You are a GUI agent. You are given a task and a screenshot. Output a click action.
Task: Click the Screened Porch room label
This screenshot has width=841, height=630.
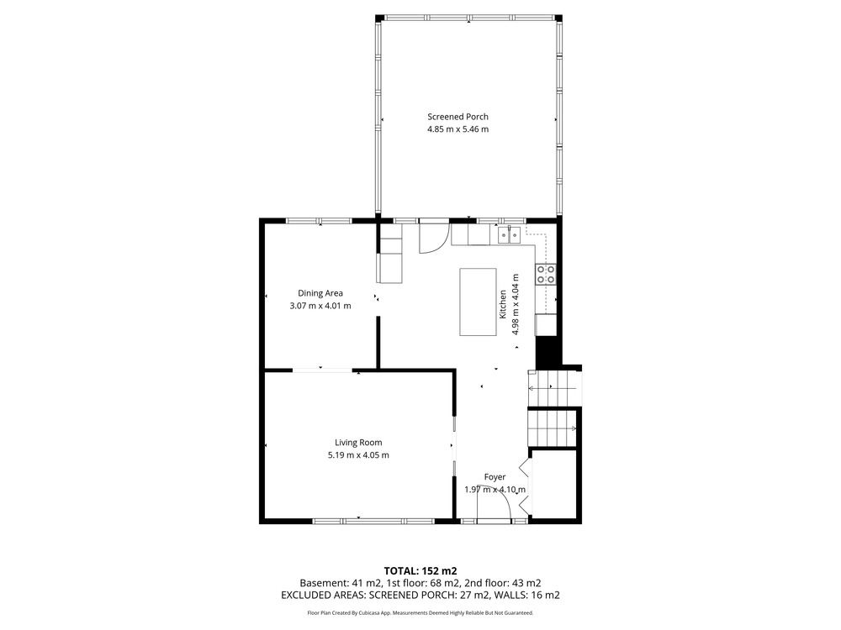pyautogui.click(x=458, y=117)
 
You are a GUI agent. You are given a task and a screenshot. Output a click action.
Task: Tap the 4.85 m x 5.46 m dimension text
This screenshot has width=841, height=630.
pyautogui.click(x=458, y=129)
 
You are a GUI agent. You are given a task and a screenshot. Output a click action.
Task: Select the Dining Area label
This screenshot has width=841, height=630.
pyautogui.click(x=320, y=293)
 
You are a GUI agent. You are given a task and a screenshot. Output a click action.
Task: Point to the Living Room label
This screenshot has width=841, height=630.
pyautogui.click(x=358, y=443)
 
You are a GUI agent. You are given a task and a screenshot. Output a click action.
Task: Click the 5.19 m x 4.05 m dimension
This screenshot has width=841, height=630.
pyautogui.click(x=358, y=455)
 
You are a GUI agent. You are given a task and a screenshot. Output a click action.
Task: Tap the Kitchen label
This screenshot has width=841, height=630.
pyautogui.click(x=503, y=304)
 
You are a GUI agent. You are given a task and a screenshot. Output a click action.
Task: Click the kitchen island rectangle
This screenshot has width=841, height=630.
pyautogui.click(x=478, y=302)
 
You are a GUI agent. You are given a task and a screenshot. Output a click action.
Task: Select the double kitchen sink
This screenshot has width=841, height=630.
pyautogui.click(x=509, y=234)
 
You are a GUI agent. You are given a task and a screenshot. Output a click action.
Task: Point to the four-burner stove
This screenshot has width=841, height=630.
pyautogui.click(x=546, y=274)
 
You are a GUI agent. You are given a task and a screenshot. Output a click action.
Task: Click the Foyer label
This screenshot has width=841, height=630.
pyautogui.click(x=495, y=477)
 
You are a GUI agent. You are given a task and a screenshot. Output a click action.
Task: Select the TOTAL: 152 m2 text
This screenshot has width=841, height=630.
pyautogui.click(x=420, y=571)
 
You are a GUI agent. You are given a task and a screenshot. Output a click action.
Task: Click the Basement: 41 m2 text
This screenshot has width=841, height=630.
pyautogui.click(x=341, y=583)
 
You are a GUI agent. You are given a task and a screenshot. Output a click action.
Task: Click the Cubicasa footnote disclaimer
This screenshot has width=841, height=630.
pyautogui.click(x=420, y=613)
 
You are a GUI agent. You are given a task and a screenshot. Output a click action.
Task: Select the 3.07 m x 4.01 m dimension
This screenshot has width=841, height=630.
pyautogui.click(x=320, y=306)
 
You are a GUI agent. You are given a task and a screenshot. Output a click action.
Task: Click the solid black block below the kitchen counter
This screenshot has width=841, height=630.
pyautogui.click(x=547, y=353)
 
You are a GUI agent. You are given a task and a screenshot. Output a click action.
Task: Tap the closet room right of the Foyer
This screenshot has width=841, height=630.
pyautogui.click(x=553, y=484)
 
